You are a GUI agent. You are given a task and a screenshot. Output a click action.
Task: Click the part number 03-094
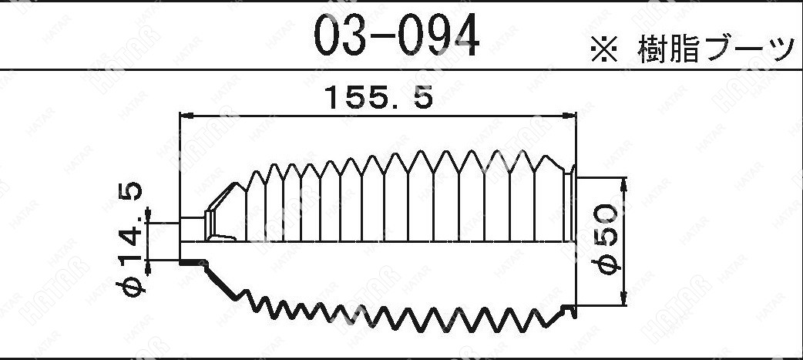click(x=397, y=35)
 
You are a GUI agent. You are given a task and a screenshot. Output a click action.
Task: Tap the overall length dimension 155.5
click(x=379, y=97)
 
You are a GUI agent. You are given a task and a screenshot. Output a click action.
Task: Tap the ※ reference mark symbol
click(x=605, y=50)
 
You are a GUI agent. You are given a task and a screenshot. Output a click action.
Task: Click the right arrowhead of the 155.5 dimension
click(x=569, y=116)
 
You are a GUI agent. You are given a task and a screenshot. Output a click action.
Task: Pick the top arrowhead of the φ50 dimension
click(x=623, y=185)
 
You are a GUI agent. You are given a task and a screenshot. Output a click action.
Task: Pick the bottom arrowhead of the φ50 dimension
click(x=623, y=298)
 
